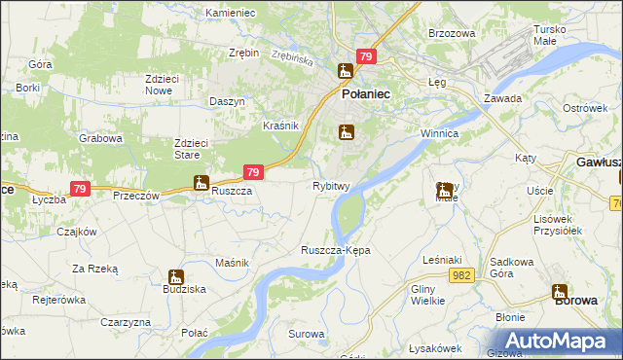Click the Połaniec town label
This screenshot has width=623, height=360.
[x=365, y=94]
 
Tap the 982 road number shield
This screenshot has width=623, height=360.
[x=462, y=276]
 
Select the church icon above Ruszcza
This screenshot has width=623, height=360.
[x=201, y=182]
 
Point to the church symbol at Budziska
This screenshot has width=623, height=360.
[x=175, y=277]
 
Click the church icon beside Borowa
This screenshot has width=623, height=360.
[x=560, y=291]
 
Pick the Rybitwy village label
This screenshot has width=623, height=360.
[x=331, y=186]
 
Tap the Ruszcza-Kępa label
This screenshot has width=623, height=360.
[x=336, y=250]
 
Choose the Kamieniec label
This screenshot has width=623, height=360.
[x=230, y=14]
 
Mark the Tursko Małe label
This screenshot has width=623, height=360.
[x=557, y=35]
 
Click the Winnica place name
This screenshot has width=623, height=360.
[x=439, y=132]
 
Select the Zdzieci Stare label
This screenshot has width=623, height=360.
[x=193, y=148]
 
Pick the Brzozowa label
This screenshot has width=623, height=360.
[x=452, y=33]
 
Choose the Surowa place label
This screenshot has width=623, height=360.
[x=306, y=334]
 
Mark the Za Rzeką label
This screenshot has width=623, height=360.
[x=94, y=268]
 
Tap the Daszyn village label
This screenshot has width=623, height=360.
[x=226, y=102]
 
